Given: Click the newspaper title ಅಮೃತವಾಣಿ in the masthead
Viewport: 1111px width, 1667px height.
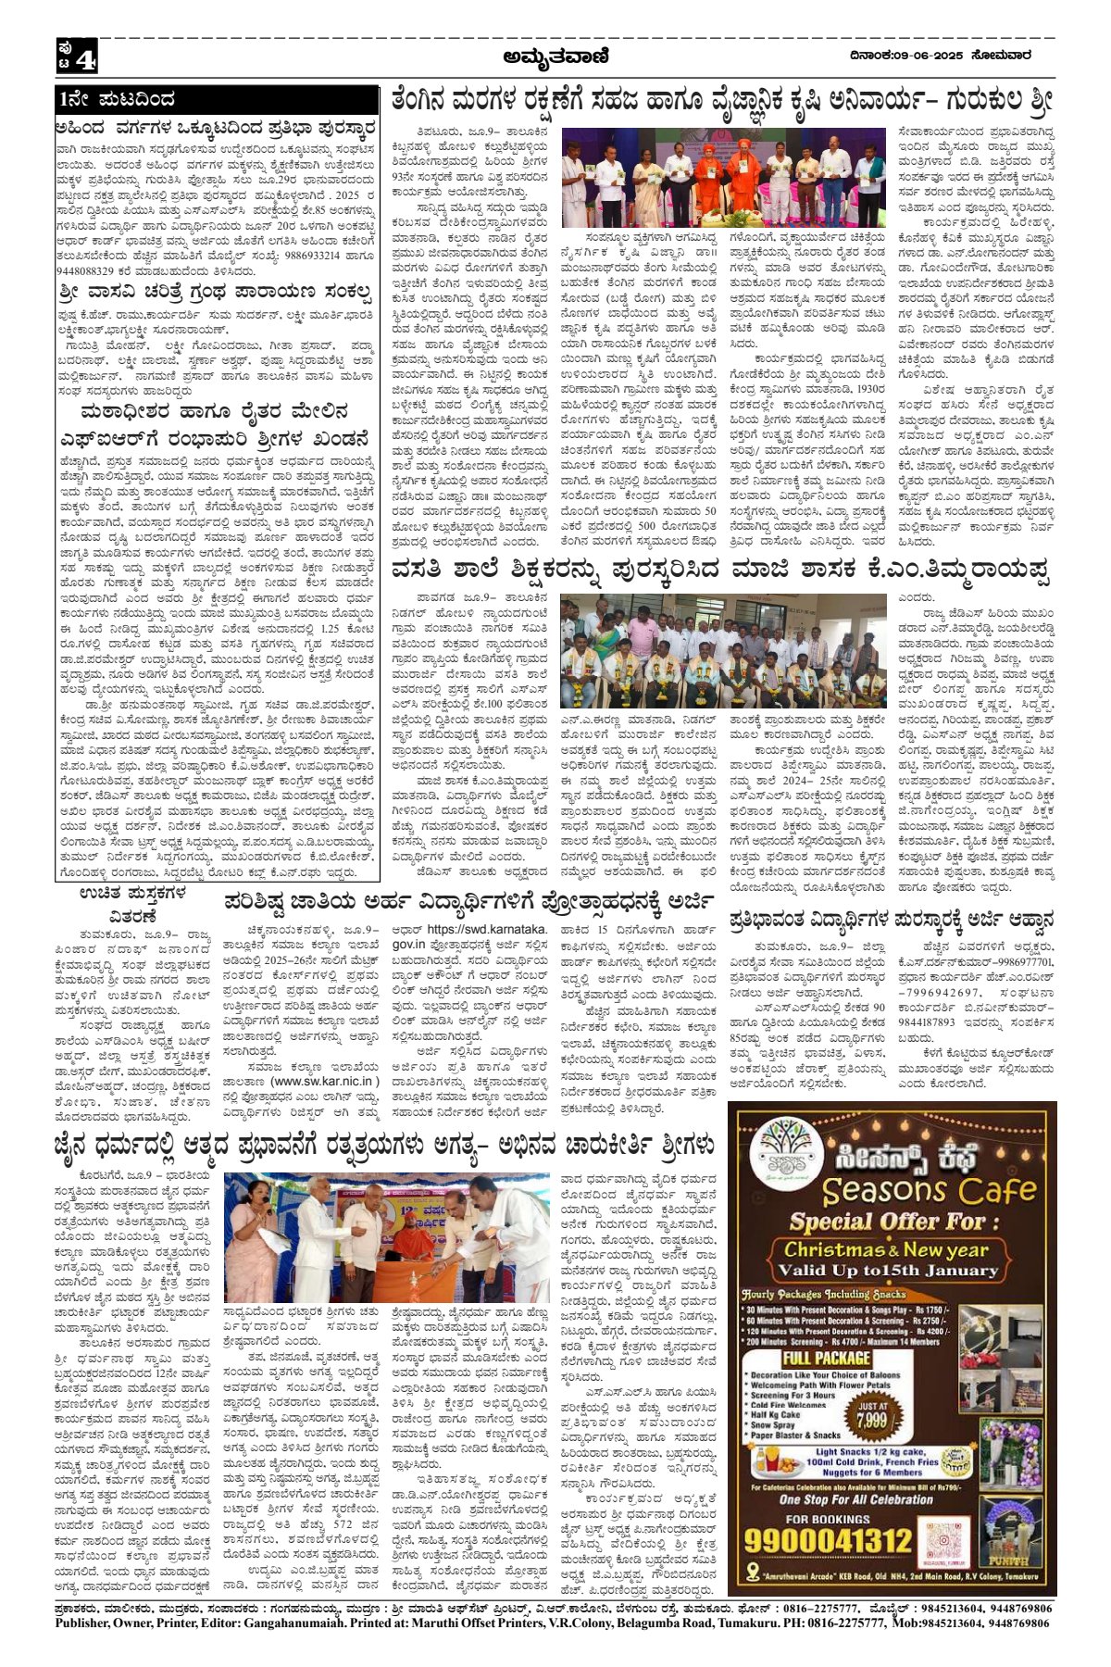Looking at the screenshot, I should tap(555, 57).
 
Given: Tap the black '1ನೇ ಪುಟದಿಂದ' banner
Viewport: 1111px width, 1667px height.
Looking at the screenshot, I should tap(217, 99).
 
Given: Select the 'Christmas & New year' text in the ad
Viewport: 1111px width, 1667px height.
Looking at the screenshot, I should tap(888, 1249).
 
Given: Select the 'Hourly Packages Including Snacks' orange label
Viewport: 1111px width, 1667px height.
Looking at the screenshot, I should tap(819, 1294).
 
